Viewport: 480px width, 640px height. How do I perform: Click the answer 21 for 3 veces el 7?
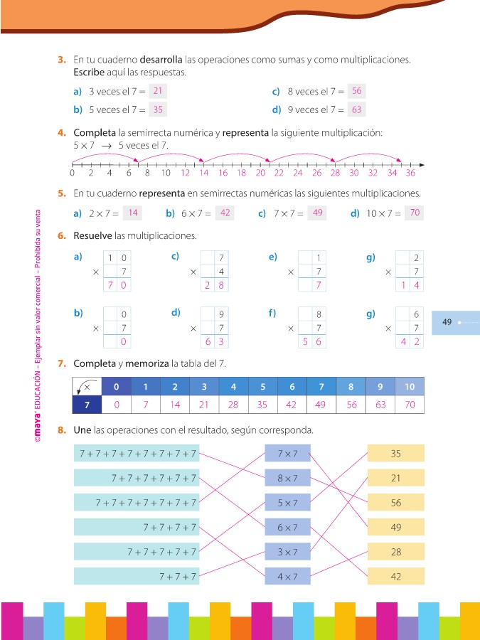point(158,91)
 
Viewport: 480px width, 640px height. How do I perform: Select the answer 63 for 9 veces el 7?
point(356,110)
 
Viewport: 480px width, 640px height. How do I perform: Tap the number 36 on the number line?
point(410,173)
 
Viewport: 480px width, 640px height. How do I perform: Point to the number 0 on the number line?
point(73,173)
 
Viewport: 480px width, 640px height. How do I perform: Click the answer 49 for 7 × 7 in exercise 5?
point(317,213)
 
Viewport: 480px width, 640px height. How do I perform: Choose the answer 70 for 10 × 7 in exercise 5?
point(414,213)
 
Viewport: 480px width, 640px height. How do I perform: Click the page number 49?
point(447,322)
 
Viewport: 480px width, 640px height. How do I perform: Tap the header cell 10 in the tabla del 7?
point(409,387)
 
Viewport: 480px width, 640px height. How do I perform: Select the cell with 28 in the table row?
point(233,405)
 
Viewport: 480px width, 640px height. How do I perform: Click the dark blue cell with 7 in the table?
point(87,405)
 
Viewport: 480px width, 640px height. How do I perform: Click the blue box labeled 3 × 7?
point(287,552)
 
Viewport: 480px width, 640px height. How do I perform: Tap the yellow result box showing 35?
point(395,453)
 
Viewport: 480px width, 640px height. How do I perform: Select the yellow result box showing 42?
point(395,577)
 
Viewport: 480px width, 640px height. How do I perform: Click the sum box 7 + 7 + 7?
point(136,577)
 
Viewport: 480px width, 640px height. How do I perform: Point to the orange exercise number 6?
point(62,235)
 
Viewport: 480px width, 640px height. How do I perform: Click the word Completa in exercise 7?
point(94,363)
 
